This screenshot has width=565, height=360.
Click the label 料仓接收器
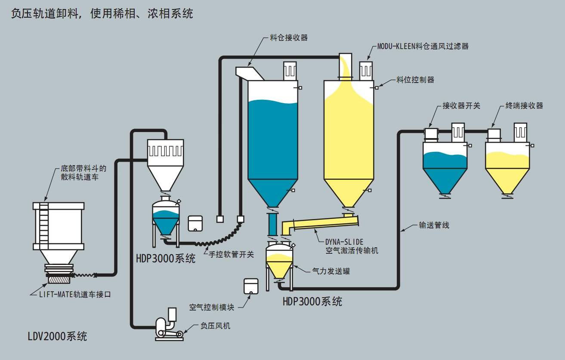(x=289, y=37)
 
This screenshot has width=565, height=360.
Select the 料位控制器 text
(x=415, y=80)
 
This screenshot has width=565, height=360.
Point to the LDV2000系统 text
(x=57, y=336)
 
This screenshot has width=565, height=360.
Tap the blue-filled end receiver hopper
(x=445, y=166)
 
